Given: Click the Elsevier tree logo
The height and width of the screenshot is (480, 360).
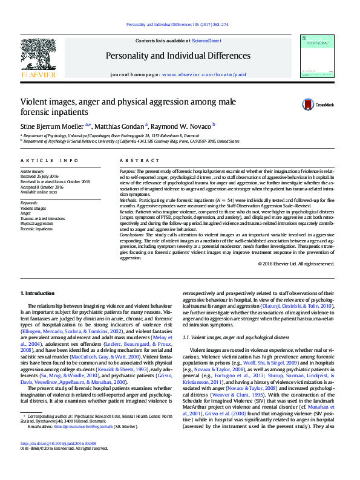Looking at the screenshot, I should pos(38,54).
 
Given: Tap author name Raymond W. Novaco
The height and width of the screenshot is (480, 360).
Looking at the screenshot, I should pos(180,126).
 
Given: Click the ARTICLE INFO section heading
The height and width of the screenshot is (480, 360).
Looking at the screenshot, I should pos(50,161).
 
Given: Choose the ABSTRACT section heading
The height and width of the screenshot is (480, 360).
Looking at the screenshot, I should pos(131,161).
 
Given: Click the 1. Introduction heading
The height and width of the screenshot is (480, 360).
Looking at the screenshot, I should pos(38,293).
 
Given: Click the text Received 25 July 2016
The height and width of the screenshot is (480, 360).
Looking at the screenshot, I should pos(42,176).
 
